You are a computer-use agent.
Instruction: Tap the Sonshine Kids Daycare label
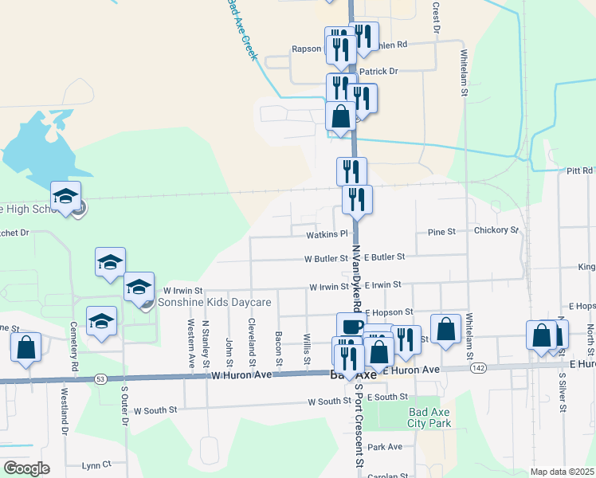[214, 303]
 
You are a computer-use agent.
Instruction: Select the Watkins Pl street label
[327, 234]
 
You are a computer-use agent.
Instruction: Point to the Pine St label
[441, 231]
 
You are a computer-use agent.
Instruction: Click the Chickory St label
[496, 230]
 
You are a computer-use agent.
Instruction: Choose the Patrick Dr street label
[378, 71]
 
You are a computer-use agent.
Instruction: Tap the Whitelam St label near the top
[465, 72]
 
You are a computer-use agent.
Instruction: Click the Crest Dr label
[437, 17]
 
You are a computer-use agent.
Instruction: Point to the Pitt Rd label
[580, 170]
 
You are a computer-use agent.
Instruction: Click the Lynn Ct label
[97, 464]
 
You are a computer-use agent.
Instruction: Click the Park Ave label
[385, 447]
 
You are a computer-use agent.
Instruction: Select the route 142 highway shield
[478, 368]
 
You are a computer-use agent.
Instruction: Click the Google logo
[26, 468]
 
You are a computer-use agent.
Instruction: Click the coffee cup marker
[351, 327]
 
